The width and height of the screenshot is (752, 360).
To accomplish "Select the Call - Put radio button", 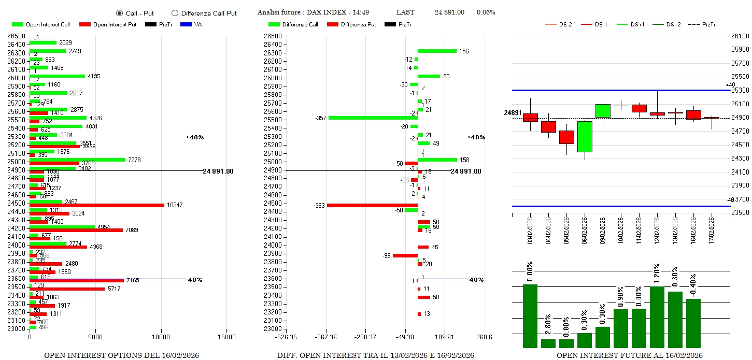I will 119,13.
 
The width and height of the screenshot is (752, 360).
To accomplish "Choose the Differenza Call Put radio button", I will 175,13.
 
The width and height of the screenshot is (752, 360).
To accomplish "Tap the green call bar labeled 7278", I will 77,160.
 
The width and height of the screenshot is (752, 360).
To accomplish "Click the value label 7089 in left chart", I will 132,230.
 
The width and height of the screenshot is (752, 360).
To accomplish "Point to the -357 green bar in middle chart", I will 373,118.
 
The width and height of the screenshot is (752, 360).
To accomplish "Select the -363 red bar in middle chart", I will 372,206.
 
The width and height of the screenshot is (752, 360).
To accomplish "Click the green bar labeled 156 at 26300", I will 437,51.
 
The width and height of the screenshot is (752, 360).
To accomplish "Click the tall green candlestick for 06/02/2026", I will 585,137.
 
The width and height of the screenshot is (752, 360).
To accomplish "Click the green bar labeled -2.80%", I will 548,343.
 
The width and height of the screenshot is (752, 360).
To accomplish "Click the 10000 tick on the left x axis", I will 161,337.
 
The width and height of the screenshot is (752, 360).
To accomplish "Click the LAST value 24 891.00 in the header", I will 449,12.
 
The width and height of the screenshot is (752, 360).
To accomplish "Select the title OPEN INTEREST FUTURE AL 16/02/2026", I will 630,355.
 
